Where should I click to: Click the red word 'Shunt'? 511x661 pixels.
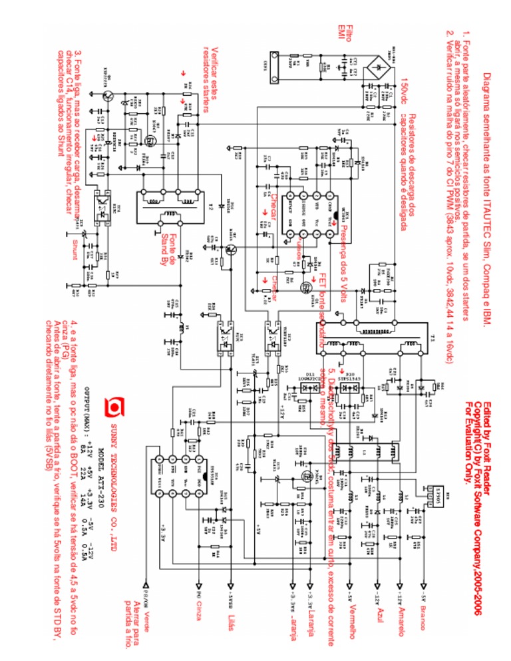tap(75, 248)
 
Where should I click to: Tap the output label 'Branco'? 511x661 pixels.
tap(421, 623)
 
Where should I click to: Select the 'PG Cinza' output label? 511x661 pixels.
tap(198, 608)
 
